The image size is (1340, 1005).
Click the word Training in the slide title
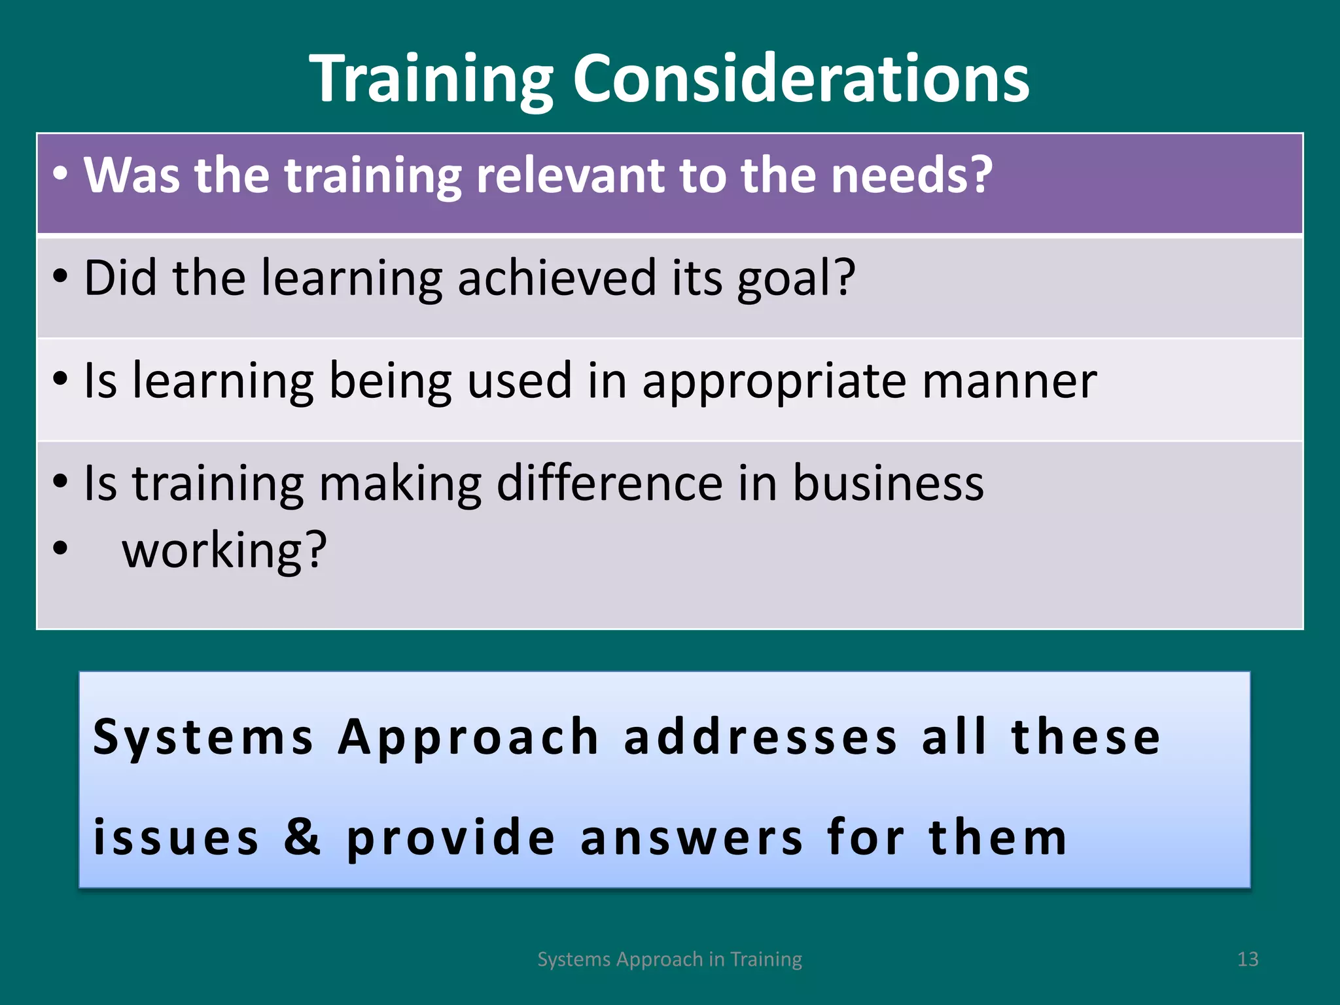[432, 80]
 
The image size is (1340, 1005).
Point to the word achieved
[556, 277]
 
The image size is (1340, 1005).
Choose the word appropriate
[774, 382]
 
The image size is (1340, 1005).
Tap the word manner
[1010, 381]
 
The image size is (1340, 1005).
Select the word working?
[224, 551]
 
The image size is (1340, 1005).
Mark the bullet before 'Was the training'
[60, 174]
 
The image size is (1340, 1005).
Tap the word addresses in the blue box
[760, 737]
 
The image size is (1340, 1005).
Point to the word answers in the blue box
[692, 837]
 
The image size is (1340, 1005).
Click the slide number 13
[1248, 959]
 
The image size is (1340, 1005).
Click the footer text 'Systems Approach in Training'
[669, 959]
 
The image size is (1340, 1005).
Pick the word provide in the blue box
[451, 837]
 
